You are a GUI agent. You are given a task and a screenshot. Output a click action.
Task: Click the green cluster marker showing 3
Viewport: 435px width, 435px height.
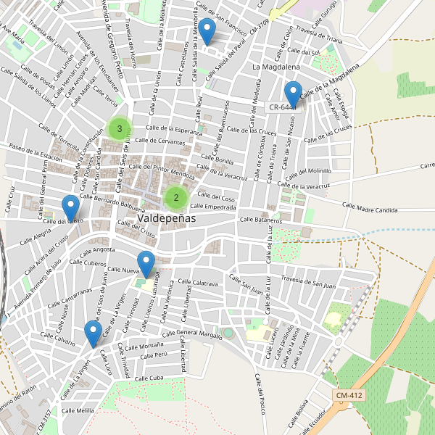pos(120,129)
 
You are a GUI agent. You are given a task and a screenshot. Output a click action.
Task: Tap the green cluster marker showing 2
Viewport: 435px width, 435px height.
pos(175,197)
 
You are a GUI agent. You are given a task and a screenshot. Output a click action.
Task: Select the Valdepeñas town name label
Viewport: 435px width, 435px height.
pos(161,217)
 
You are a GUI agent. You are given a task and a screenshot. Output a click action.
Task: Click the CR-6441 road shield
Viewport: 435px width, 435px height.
pos(283,107)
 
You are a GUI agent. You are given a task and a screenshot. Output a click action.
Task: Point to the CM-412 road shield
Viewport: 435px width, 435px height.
pos(349,395)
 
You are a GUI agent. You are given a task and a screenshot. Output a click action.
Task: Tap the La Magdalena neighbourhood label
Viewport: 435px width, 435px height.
pos(275,67)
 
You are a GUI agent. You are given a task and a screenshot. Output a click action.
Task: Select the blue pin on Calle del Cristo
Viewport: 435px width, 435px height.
pos(70,208)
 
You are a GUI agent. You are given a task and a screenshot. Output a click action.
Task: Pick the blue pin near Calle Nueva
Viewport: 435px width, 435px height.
pos(147,263)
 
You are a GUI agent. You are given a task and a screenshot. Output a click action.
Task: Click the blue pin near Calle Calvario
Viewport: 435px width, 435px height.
pos(92,333)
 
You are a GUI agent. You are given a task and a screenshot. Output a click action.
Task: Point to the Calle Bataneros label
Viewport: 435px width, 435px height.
pos(260,219)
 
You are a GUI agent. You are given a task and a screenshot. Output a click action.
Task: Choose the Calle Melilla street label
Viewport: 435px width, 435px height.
pos(78,411)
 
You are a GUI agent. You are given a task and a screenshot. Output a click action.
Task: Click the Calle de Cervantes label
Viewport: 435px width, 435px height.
pos(161,141)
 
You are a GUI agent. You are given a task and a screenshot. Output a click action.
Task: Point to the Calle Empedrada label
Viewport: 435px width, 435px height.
pos(215,207)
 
